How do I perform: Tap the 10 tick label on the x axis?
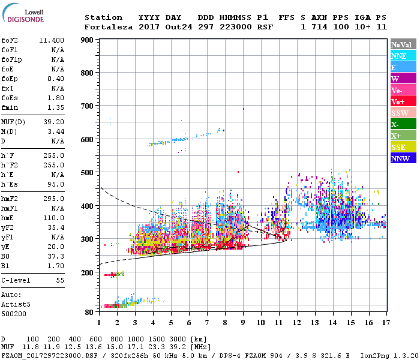(x=260, y=323)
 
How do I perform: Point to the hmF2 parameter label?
(x=11, y=199)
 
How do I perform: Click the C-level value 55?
(x=59, y=280)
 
